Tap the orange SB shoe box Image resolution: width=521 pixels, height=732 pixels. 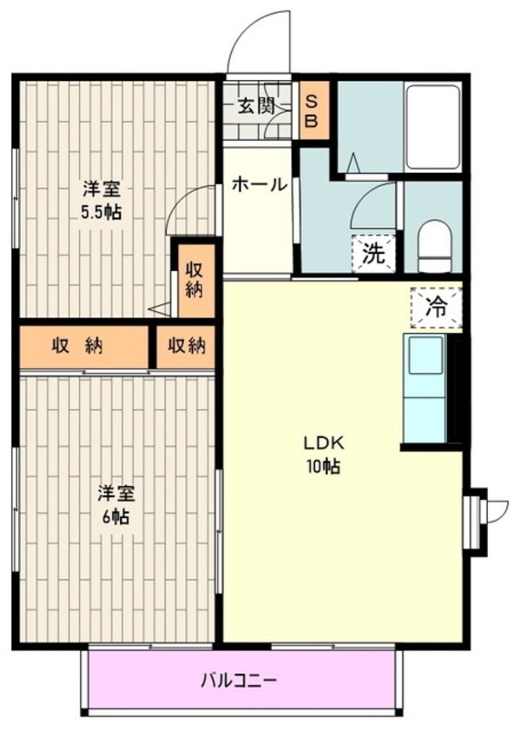(x=314, y=110)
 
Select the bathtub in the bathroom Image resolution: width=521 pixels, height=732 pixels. (x=432, y=127)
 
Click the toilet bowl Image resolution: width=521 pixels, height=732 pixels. (x=435, y=246)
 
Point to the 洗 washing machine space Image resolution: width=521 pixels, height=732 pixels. (x=373, y=254)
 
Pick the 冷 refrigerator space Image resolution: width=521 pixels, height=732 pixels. (x=437, y=308)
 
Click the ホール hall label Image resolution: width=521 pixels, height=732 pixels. (x=259, y=185)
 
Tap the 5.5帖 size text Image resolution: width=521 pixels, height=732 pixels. (x=102, y=213)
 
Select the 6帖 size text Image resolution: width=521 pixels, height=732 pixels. (x=115, y=516)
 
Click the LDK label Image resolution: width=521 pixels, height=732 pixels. (x=324, y=443)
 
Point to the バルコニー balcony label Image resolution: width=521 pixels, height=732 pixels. (x=239, y=680)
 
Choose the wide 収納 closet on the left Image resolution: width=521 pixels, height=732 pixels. (x=84, y=346)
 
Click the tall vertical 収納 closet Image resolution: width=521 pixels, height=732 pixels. (x=196, y=282)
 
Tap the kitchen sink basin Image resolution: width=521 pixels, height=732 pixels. (x=425, y=355)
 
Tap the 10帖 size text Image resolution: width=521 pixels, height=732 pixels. (x=323, y=466)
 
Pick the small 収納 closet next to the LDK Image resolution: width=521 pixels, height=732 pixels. (x=186, y=346)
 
